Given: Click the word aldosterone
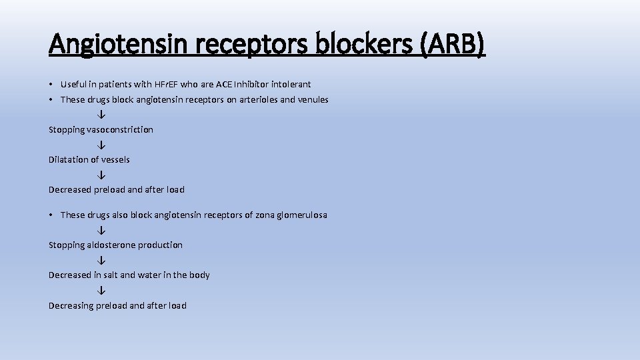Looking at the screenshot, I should (112, 245).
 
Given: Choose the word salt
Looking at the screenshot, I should (109, 275).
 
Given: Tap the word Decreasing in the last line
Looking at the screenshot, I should (71, 305).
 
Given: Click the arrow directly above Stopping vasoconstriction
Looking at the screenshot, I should (101, 115).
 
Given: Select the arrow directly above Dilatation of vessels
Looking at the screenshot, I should (101, 145).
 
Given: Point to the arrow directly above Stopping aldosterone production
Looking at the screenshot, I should (101, 230).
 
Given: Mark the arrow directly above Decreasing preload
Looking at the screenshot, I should (101, 290).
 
